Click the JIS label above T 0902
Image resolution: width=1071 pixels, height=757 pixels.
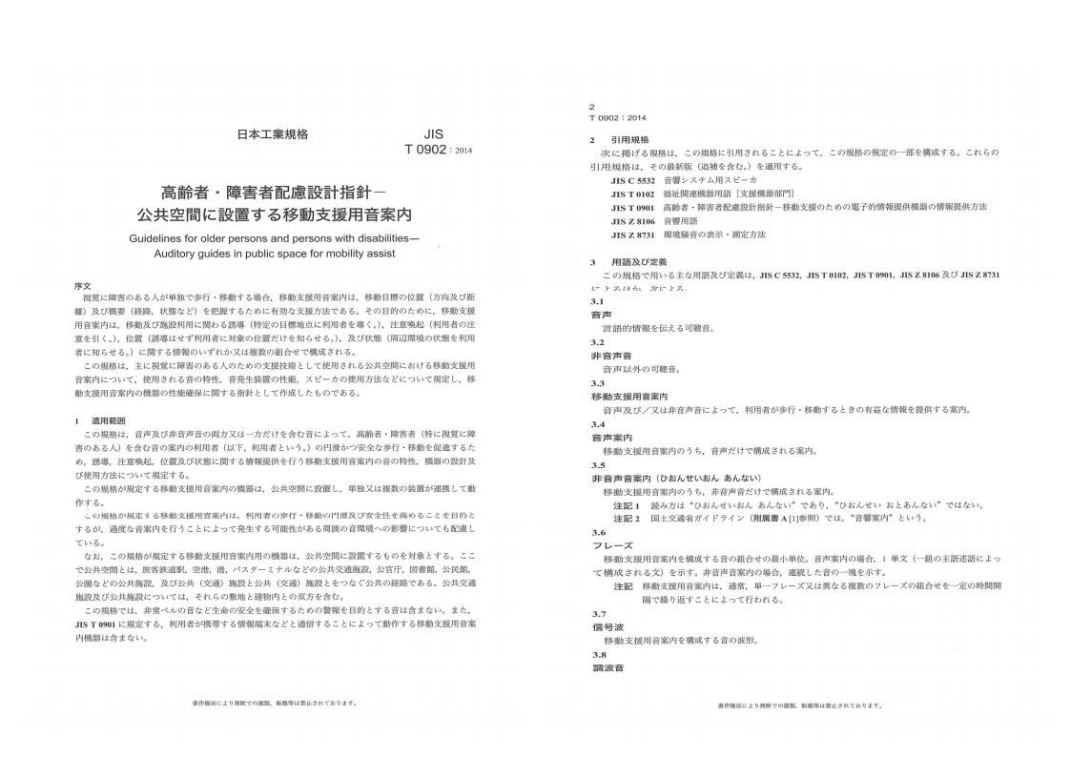(433, 134)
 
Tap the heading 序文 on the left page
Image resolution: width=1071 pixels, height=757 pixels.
(82, 285)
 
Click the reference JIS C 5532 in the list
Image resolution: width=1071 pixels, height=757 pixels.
(632, 179)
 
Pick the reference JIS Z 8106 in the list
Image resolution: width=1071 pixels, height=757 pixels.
(632, 220)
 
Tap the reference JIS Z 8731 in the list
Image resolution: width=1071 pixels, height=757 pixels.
(632, 235)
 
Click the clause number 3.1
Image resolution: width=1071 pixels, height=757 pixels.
(598, 301)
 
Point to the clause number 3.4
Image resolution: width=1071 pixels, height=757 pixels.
(598, 423)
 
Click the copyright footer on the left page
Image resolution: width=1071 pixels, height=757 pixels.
(275, 703)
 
